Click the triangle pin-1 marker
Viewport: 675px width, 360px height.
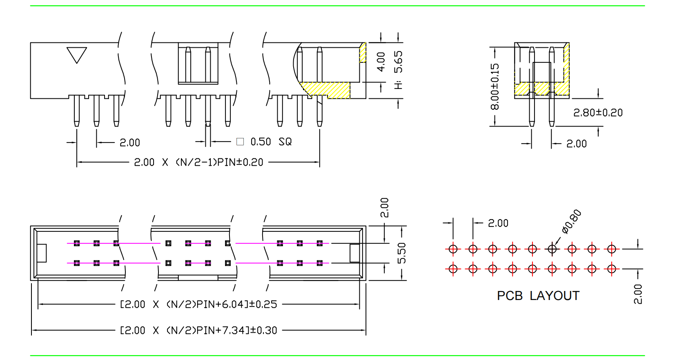pos(77,54)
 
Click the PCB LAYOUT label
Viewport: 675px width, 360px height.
pos(538,296)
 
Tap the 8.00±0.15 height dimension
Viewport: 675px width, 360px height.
pos(495,87)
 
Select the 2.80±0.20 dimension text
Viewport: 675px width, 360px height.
pos(598,113)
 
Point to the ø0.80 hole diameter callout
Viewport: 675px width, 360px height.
pos(571,221)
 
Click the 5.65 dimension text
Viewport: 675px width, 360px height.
pos(398,62)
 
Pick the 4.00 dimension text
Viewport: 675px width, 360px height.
pos(381,62)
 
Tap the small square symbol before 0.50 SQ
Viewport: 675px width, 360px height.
pos(240,142)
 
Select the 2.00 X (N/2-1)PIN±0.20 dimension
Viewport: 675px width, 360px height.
pos(198,162)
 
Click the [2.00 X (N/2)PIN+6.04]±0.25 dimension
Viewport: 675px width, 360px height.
pos(198,304)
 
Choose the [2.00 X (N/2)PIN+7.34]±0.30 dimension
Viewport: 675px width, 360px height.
pos(198,330)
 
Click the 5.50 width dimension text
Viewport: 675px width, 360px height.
pos(402,253)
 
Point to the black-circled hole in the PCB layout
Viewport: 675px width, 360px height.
pos(552,249)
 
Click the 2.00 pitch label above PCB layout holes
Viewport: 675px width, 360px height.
pos(498,223)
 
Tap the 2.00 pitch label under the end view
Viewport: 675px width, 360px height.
pos(576,144)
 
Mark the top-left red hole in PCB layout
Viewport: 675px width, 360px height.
pos(453,249)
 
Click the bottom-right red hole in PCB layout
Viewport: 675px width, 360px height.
pos(611,269)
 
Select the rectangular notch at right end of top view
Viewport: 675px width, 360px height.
pos(354,253)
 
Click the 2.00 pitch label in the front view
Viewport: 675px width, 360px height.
pos(130,142)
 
